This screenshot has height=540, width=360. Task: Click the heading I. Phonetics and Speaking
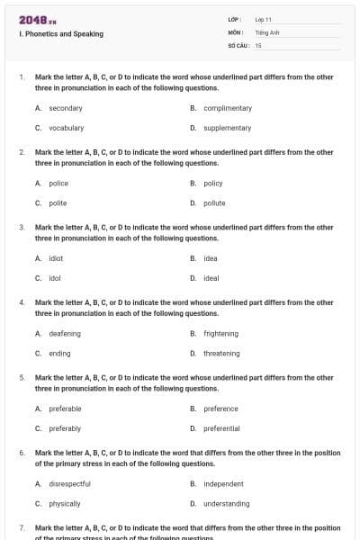60,34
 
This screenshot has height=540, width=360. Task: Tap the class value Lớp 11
264,19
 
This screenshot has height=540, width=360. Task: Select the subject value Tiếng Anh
266,31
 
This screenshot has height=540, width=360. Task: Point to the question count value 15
258,44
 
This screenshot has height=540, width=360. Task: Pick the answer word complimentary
228,108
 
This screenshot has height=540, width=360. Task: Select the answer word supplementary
228,128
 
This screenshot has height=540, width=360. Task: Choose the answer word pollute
214,202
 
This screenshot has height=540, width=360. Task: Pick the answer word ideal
211,278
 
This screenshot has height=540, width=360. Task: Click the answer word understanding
227,503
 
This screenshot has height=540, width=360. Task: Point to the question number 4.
22,302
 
